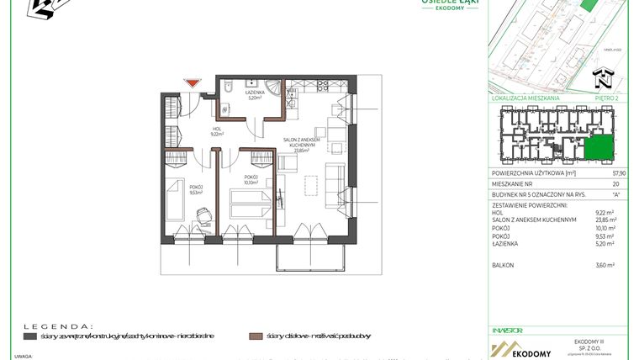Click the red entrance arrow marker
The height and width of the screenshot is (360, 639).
coord(193,82)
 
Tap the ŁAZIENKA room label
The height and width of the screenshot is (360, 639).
coord(256,94)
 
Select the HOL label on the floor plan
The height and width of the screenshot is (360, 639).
coord(216,130)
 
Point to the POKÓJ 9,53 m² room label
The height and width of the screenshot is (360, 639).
coord(197,189)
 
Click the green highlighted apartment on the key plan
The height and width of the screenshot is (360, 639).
coord(599,147)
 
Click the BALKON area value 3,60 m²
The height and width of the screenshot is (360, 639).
coord(605,265)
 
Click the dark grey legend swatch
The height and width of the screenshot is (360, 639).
coord(30,336)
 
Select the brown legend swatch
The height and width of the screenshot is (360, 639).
coord(256,336)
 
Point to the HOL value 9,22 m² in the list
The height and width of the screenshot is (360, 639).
coord(605,212)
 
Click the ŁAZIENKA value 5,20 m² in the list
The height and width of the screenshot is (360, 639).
coord(605,243)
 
